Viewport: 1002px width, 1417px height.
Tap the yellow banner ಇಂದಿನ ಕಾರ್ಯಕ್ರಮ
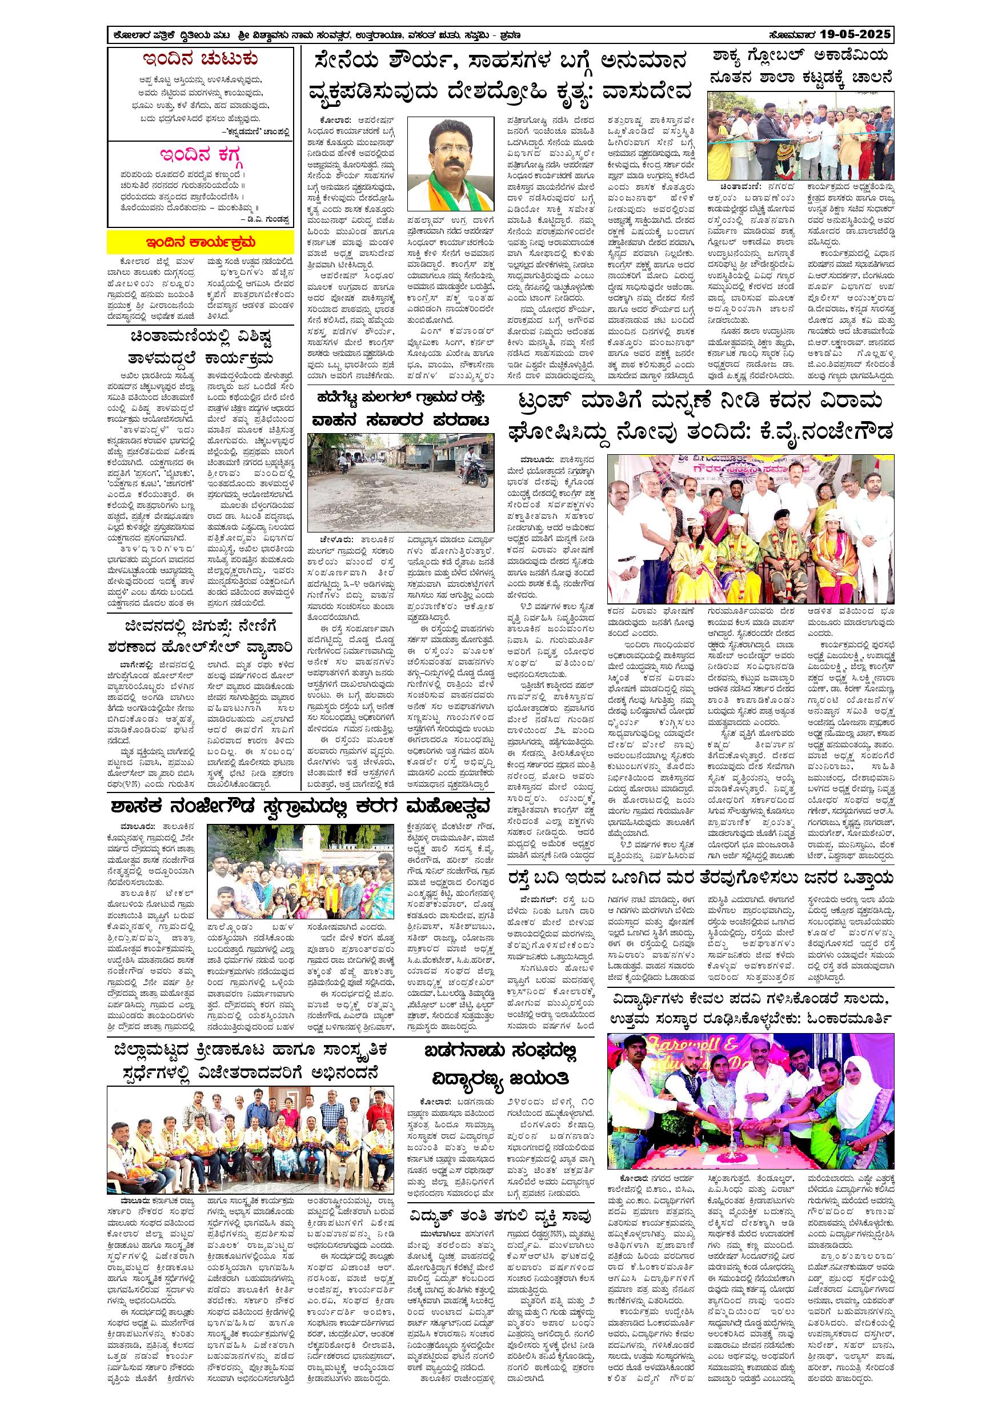point(201,242)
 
